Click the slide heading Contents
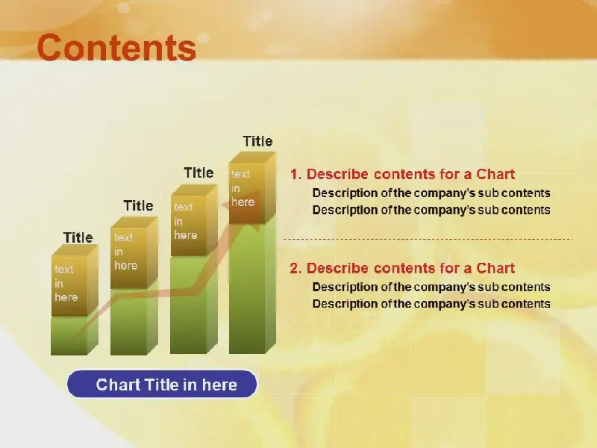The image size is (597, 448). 116,48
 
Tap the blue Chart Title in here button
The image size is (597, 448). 162,384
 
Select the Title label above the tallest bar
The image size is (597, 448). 257,141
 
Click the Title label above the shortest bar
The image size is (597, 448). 78,237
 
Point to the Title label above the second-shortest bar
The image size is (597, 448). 139,206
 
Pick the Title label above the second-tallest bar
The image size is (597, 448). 199,173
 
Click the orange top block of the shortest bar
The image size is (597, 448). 75,281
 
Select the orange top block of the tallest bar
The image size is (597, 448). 252,187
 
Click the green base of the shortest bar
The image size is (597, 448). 75,335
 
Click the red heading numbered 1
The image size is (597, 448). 402,174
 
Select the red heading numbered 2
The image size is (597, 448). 402,268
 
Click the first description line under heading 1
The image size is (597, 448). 431,193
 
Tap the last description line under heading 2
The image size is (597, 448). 431,304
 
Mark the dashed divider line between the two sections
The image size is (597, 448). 428,239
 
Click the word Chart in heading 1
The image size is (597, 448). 496,174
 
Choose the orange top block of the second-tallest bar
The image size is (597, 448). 194,220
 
